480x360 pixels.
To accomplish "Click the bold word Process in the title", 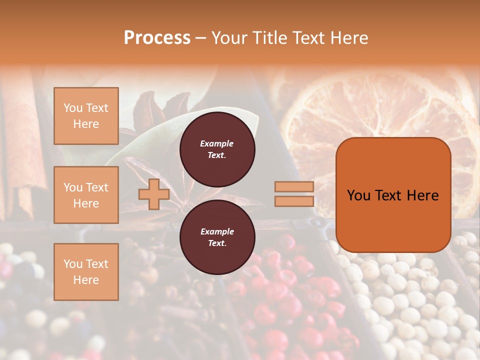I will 157,37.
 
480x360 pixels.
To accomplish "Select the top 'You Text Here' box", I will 86,116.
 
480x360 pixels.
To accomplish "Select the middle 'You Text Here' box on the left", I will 86,195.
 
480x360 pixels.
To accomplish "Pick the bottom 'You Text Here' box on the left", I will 86,271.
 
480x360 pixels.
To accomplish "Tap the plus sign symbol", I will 154,194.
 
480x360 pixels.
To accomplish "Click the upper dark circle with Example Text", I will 217,149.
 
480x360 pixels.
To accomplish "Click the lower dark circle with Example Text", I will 217,237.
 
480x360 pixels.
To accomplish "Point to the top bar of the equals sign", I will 294,187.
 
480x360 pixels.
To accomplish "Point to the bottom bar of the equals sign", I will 294,201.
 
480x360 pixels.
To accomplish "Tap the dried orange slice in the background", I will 380,110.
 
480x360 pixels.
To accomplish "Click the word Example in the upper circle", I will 217,143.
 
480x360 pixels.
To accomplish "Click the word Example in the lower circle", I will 217,231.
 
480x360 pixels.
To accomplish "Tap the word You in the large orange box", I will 358,195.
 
